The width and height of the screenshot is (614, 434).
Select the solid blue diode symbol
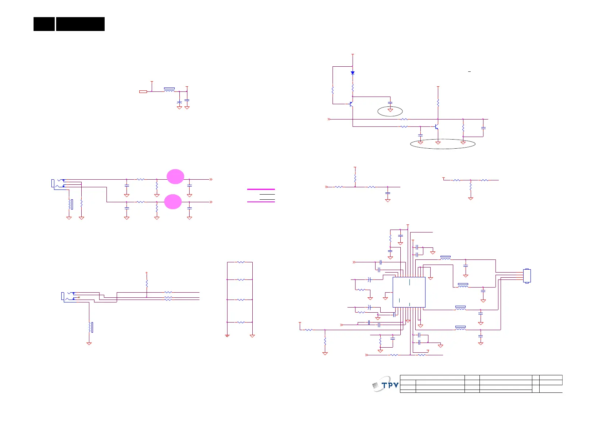pyautogui.click(x=353, y=73)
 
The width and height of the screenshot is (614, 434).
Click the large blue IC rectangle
pyautogui.click(x=409, y=292)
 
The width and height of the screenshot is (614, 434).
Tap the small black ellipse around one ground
pyautogui.click(x=390, y=111)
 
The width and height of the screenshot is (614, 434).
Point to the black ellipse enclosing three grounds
pyautogui.click(x=443, y=144)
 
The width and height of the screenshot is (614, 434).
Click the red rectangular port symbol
pyautogui.click(x=143, y=91)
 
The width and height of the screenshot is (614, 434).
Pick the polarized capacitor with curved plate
pyautogui.click(x=179, y=103)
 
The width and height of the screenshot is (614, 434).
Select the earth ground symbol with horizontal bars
pyautogui.click(x=227, y=336)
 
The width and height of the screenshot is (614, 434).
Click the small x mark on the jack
pyautogui.click(x=79, y=297)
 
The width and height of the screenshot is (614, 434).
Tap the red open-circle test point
pyautogui.click(x=147, y=273)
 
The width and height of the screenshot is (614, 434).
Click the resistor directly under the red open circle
pyautogui.click(x=147, y=283)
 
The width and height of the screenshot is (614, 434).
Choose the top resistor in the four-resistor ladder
pyautogui.click(x=240, y=262)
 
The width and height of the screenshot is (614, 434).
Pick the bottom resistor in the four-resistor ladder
pyautogui.click(x=240, y=322)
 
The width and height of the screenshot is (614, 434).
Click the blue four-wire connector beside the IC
pyautogui.click(x=527, y=276)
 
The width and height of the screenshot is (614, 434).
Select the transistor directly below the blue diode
pyautogui.click(x=351, y=104)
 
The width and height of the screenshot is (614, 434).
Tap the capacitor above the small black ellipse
pyautogui.click(x=390, y=103)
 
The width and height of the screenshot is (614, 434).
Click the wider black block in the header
pyautogui.click(x=80, y=24)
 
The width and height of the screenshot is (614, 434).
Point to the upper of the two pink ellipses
pyautogui.click(x=175, y=176)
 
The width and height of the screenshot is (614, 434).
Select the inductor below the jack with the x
pyautogui.click(x=89, y=327)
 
